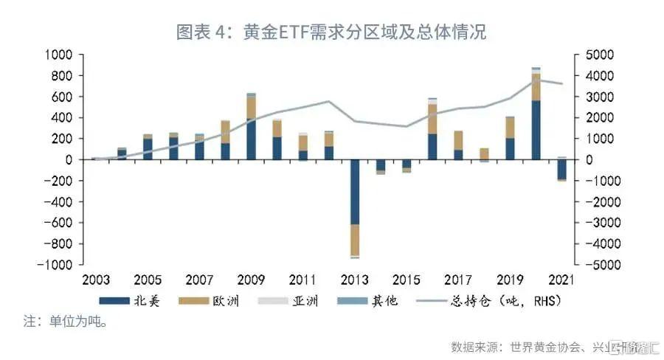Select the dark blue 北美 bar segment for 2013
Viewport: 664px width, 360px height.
(x=355, y=192)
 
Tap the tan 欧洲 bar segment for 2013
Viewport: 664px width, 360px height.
(x=355, y=240)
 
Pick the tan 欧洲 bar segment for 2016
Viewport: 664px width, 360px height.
(x=432, y=119)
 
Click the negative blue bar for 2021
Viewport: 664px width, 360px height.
(x=562, y=169)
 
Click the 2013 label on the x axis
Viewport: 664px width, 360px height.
(x=355, y=280)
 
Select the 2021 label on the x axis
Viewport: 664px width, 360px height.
(x=562, y=280)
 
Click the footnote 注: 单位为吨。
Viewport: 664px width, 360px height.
(x=66, y=322)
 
